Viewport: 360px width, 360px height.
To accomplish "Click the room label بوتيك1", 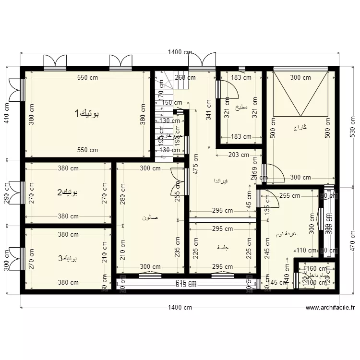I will (x=87, y=114).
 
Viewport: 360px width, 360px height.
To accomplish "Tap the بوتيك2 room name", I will (x=68, y=192).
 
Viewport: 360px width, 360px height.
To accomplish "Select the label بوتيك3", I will (x=68, y=258).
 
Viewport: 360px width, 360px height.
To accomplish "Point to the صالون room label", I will (x=150, y=217).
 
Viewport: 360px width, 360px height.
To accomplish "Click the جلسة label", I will (x=223, y=248).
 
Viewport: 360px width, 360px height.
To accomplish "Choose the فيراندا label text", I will (x=221, y=181).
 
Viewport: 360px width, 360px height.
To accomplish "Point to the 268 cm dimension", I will (x=185, y=77).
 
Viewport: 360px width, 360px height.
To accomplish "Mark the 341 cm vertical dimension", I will (x=208, y=109).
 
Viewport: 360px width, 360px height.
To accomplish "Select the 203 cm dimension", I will (x=239, y=155).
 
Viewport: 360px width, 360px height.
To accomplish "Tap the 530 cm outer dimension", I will (x=352, y=126).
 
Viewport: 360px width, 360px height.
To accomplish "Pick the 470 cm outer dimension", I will (x=352, y=240).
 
